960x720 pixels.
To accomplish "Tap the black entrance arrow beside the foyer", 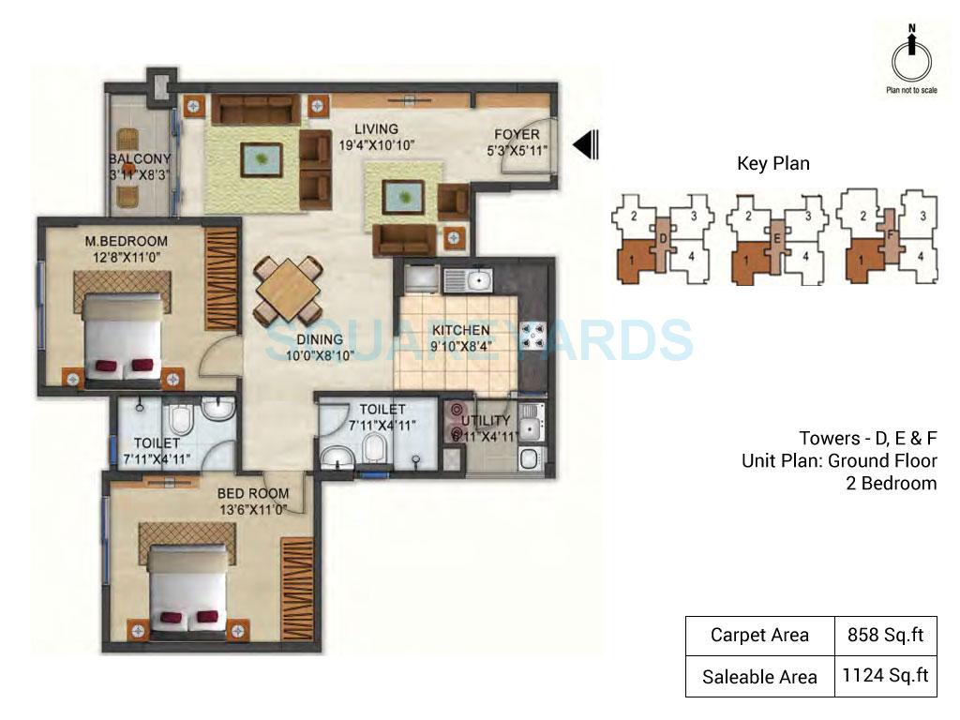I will click(x=586, y=144).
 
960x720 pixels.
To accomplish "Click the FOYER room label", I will click(x=513, y=134).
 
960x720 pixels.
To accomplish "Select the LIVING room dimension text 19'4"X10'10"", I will click(x=376, y=144).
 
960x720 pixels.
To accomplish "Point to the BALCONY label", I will click(x=139, y=159).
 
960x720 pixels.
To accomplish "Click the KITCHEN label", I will click(x=459, y=330).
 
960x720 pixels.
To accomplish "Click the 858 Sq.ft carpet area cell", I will click(x=887, y=636).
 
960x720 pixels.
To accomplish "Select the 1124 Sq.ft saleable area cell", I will click(x=887, y=675).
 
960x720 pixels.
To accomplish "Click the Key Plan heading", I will click(x=772, y=164).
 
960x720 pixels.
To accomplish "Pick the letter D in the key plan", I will click(x=663, y=239).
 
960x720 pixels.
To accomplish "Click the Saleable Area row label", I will click(x=758, y=676).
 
